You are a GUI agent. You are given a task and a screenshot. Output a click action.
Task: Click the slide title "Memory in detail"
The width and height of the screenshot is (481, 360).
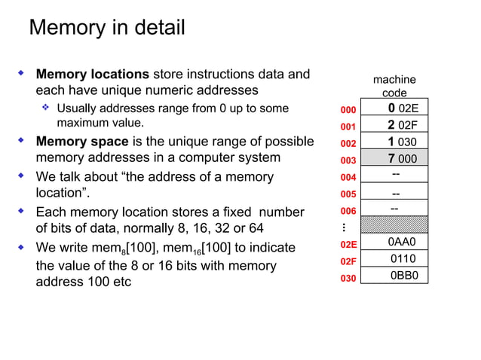tap(106, 29)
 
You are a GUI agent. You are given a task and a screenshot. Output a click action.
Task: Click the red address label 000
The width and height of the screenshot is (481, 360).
tap(348, 109)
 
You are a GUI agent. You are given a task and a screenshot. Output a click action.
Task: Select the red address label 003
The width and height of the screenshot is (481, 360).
tap(348, 160)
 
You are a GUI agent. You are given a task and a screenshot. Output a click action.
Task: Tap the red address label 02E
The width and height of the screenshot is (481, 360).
tap(348, 244)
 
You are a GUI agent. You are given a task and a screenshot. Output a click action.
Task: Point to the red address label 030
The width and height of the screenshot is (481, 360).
tap(348, 278)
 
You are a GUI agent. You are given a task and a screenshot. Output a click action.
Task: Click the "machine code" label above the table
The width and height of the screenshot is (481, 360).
tap(394, 86)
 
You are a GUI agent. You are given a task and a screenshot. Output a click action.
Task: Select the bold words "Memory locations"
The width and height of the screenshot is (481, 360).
tap(93, 75)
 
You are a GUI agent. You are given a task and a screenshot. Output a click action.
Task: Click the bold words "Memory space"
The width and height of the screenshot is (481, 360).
tap(82, 141)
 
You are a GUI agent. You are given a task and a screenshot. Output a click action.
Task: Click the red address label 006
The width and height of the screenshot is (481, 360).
tap(348, 211)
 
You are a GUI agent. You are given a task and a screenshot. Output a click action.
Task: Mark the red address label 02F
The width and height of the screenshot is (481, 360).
tap(348, 261)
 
